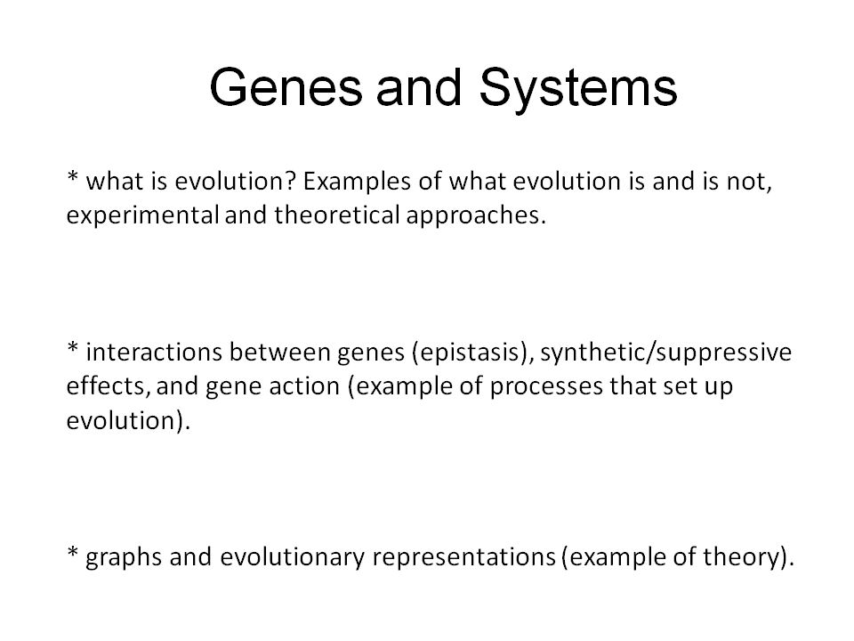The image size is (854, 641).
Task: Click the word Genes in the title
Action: pos(286,87)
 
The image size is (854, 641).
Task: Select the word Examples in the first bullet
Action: pos(357,183)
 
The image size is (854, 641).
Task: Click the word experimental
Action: pos(143,216)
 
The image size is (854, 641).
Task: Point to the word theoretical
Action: pos(337,215)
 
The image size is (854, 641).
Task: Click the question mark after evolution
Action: pos(290,181)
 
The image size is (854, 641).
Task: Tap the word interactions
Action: pos(154,352)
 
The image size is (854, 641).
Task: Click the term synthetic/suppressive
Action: pos(665,353)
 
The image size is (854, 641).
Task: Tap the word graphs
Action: pos(124,558)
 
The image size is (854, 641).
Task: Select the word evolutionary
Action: pos(293,558)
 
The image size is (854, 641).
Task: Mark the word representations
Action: pos(464,558)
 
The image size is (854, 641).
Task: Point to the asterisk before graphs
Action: pos(73,553)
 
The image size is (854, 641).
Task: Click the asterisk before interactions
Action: pos(73,348)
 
